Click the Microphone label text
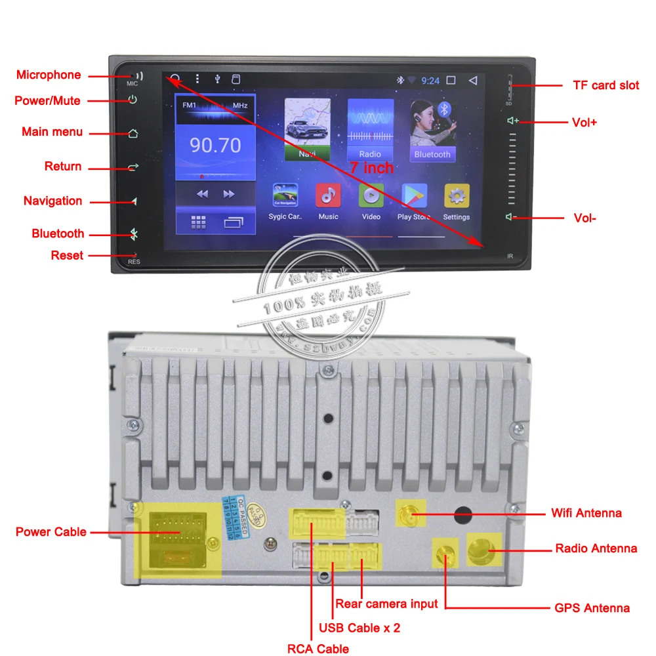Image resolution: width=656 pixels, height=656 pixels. coord(49,75)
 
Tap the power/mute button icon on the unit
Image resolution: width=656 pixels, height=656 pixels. coord(133,100)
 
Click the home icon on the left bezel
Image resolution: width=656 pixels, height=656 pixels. coord(133,133)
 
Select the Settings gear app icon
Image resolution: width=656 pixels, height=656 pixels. coord(457,195)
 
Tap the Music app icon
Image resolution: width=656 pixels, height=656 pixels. coord(328,195)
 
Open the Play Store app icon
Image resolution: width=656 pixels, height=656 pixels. coord(414,195)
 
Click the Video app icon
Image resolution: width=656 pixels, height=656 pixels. coord(371,195)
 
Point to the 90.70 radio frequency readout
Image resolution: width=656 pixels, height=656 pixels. coord(215,145)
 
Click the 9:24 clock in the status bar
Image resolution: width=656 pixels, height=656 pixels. coord(430,81)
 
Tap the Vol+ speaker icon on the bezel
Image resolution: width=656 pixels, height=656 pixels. coord(512,121)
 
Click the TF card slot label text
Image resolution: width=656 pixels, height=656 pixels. coord(606,85)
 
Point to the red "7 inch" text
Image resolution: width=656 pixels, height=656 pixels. coord(371,168)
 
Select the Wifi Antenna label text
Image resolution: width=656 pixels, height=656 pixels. coord(586,513)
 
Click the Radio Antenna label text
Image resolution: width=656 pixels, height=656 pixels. coord(596,548)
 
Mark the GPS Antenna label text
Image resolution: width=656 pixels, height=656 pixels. coord(592,608)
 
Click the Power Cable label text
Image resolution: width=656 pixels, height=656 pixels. coord(51,531)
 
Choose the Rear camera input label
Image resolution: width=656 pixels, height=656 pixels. coord(386,604)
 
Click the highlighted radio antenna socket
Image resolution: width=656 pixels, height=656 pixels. coord(483,550)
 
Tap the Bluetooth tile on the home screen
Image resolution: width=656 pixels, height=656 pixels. coord(432,131)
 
